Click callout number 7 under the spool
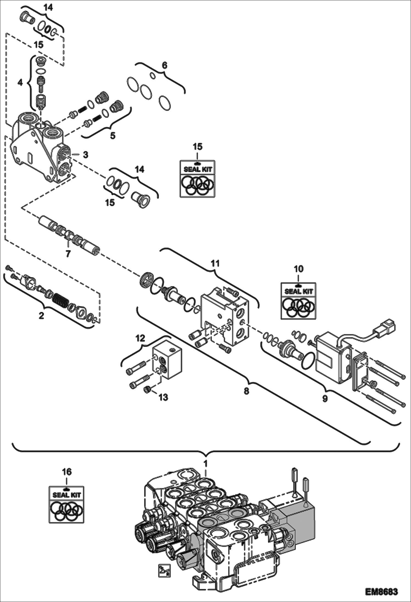point(68,253)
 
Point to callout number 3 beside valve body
point(86,155)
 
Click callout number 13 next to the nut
point(163,397)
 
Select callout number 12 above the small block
point(140,338)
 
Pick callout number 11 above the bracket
point(215,263)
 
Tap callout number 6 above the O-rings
point(164,66)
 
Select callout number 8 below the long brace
point(246,391)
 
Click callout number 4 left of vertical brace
point(20,82)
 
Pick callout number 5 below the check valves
point(112,136)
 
